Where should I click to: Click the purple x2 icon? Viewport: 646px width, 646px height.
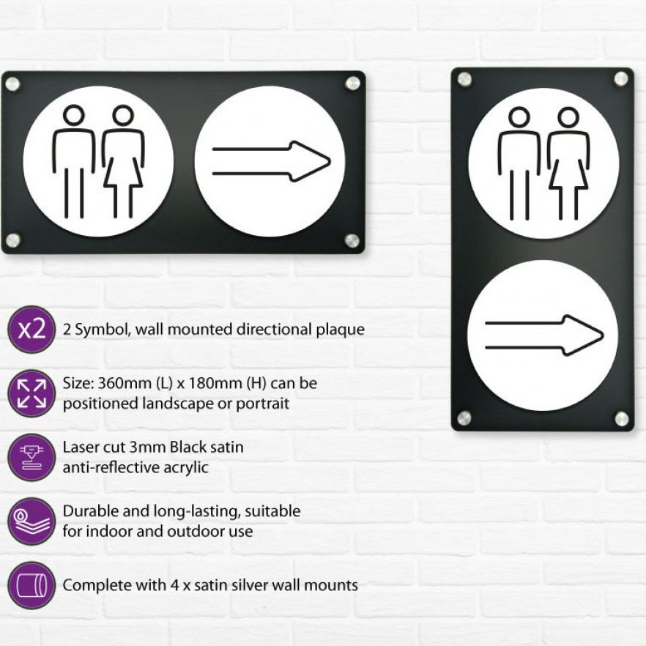tap(31, 329)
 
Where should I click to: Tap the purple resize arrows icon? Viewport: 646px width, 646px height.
tap(31, 393)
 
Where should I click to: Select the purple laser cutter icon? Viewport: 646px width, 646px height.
tap(31, 457)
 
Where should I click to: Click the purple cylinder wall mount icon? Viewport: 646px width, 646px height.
tap(31, 585)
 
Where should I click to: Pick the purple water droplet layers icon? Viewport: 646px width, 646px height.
tap(31, 521)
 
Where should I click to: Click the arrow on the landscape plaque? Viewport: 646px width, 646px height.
tap(271, 161)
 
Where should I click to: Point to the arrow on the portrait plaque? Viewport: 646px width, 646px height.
tap(544, 335)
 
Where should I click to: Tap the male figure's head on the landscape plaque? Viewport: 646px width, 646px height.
tap(74, 115)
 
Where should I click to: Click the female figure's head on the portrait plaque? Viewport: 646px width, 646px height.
tap(568, 117)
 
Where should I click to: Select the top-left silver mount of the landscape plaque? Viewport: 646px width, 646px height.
tap(12, 84)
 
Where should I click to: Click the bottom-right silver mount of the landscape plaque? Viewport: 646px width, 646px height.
tap(352, 240)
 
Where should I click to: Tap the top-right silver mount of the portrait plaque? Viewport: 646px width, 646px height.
tap(622, 78)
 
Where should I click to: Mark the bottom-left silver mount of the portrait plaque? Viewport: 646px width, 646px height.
tap(464, 417)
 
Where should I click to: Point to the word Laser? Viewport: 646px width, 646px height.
tap(81, 447)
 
